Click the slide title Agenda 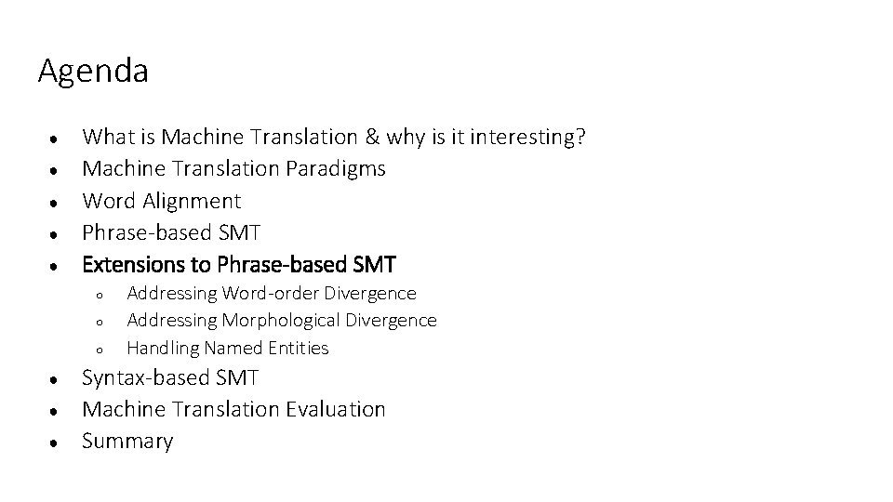(93, 72)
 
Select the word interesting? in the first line (528, 138)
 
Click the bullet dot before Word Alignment (57, 202)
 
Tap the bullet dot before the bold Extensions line (57, 266)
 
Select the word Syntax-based (145, 378)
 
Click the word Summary (127, 441)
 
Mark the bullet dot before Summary (57, 442)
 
